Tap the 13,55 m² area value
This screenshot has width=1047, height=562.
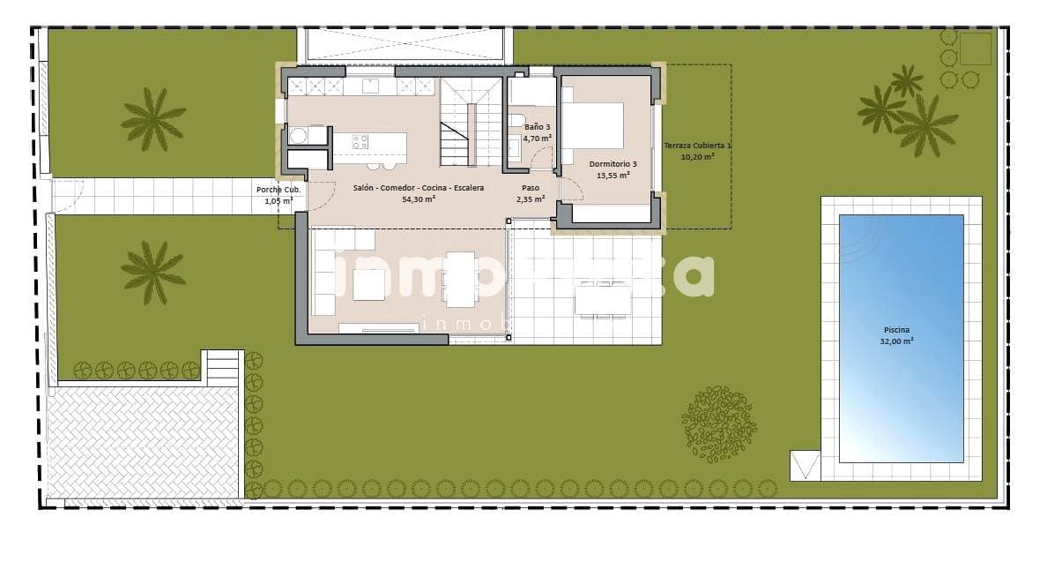(613, 175)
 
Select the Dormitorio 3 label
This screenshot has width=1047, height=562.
(613, 164)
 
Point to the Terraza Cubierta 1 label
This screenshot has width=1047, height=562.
(697, 146)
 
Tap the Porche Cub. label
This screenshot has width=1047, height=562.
(278, 190)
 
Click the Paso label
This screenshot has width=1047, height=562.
(530, 188)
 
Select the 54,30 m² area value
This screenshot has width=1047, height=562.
(419, 199)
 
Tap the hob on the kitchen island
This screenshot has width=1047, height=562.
(360, 142)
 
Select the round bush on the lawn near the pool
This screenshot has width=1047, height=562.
(719, 423)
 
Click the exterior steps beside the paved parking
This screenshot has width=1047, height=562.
(222, 366)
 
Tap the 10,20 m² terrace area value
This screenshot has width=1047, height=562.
(697, 157)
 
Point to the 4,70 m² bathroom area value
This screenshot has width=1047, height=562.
(537, 139)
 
